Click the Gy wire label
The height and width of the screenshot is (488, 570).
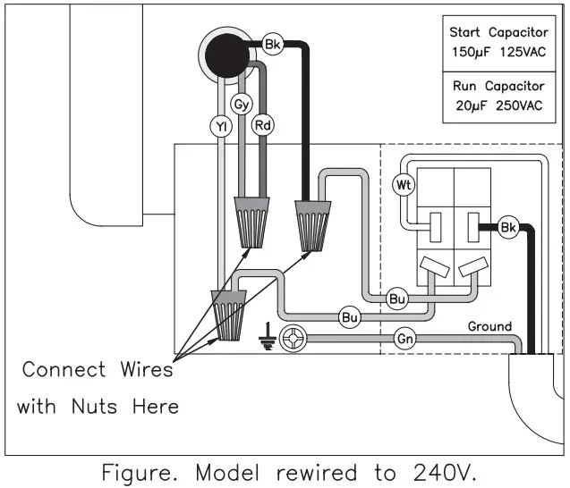pos(241,105)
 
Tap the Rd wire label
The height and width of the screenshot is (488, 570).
pos(262,125)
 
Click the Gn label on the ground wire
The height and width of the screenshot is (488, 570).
pos(404,338)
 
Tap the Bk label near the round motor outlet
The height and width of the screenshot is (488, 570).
pos(273,43)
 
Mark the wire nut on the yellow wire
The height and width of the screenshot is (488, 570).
pos(228,316)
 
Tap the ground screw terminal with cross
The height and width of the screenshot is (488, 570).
pos(294,338)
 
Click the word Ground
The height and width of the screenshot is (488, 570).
pos(490,326)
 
